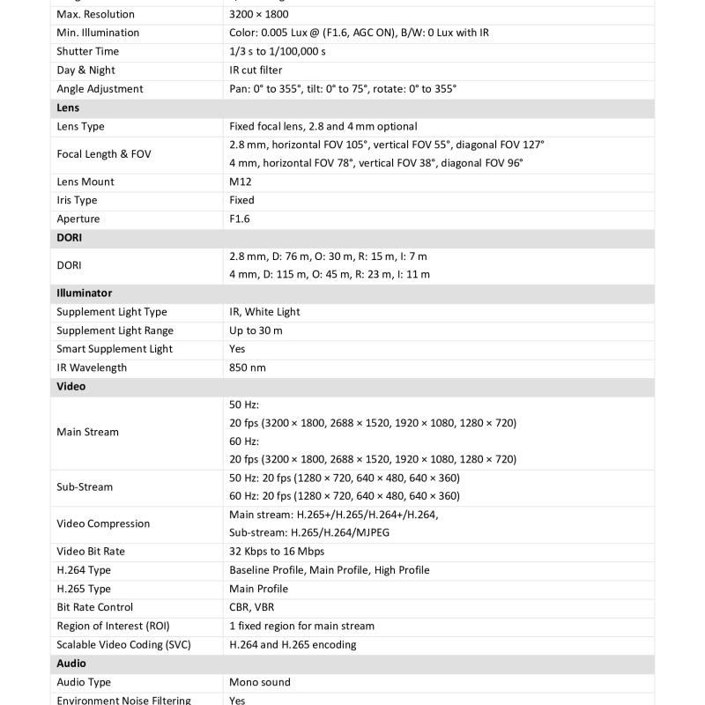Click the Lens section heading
point(68,108)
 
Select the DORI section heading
point(70,238)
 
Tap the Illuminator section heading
point(84,293)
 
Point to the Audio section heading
point(71,664)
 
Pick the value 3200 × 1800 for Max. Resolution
point(258,14)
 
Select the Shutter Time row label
point(87,51)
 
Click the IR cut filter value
point(256,70)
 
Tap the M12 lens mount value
point(241,182)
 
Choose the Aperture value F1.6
point(241,219)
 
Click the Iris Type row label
point(77,200)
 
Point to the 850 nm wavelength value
point(248,367)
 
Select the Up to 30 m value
point(256,330)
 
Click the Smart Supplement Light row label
point(115,349)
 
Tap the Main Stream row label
point(87,432)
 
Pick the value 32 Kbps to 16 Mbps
point(277,552)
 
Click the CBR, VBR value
point(251,607)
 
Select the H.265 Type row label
point(84,589)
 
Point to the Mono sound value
point(259,682)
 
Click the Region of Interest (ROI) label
point(113,626)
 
